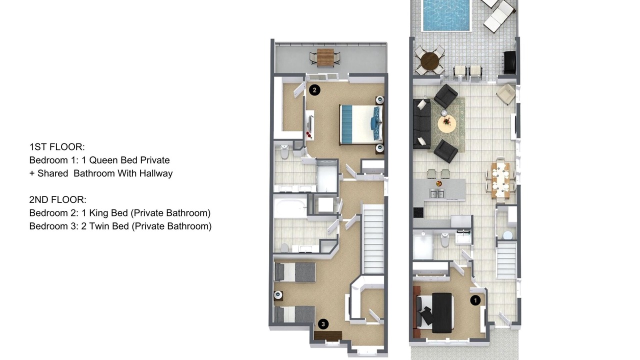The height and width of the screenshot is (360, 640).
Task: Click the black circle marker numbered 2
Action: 314,90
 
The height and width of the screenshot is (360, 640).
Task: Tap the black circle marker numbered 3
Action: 323,324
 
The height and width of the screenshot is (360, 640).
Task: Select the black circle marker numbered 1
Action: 475,300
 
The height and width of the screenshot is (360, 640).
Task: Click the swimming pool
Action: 446,15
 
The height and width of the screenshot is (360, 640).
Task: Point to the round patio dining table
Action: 429,61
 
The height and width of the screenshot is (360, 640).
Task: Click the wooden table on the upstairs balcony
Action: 325,57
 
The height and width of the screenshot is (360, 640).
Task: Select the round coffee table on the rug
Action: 447,123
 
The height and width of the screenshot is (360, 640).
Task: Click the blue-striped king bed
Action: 361,124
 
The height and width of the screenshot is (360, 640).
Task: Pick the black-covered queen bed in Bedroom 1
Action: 434,313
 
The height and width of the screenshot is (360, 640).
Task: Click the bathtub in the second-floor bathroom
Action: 290,208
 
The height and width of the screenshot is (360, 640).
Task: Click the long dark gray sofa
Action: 421,124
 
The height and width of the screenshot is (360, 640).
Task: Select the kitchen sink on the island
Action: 437,193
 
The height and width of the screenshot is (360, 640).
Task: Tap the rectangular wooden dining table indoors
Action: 500,180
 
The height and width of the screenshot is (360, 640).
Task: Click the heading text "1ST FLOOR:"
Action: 57,147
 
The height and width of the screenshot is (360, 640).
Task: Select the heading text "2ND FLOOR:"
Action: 57,199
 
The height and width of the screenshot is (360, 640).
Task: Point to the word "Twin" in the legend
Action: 99,226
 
